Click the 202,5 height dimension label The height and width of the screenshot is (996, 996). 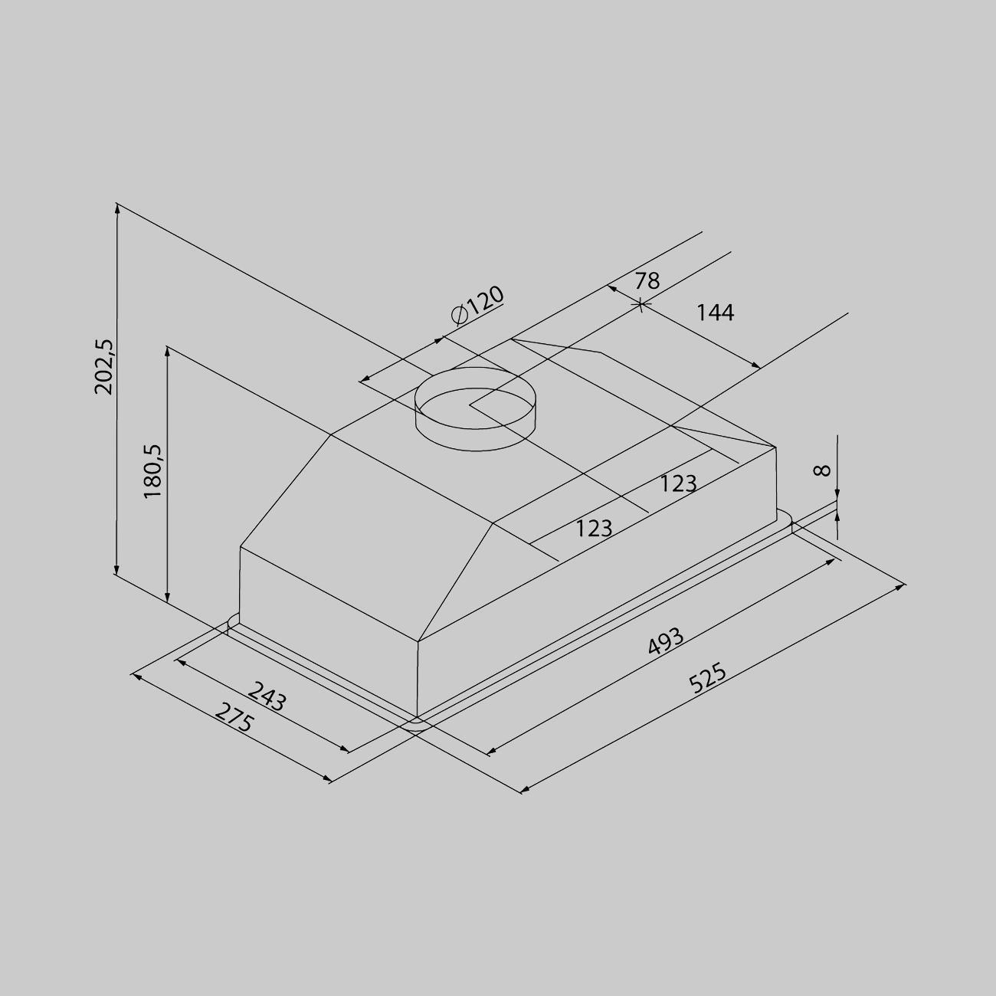pos(104,367)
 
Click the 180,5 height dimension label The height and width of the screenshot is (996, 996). pos(153,471)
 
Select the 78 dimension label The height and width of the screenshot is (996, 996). pos(647,280)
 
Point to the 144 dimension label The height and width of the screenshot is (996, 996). pos(716,313)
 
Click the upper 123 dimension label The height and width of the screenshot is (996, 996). pos(678,483)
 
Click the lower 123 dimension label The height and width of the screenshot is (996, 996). pos(594,528)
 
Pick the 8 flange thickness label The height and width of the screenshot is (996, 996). pos(822,470)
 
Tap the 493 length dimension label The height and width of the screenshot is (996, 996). pos(665,641)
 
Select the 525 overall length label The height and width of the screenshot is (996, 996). pos(708,677)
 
